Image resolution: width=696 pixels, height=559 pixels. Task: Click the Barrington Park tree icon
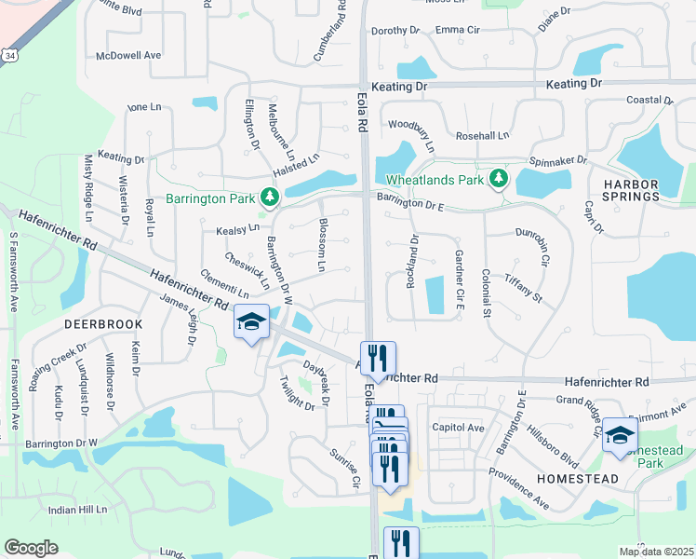click(x=270, y=198)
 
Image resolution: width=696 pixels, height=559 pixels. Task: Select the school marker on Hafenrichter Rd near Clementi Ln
click(x=251, y=322)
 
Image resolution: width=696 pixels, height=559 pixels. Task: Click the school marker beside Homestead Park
click(x=620, y=435)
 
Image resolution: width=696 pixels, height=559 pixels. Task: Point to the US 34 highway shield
click(x=9, y=56)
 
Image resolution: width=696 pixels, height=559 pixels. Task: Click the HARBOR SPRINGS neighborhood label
click(x=630, y=189)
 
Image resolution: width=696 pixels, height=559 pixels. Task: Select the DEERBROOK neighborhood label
click(x=103, y=323)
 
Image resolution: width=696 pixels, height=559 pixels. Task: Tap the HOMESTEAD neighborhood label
click(x=578, y=478)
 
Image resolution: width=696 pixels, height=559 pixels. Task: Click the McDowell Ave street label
click(x=129, y=56)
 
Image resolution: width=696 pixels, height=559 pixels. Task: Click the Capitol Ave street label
click(x=458, y=428)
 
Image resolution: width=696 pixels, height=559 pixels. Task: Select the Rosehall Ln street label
click(x=482, y=135)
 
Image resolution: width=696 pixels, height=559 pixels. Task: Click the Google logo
click(x=32, y=548)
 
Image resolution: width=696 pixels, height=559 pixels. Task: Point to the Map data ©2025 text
click(x=656, y=552)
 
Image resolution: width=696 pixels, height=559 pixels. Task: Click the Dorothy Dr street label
click(x=390, y=31)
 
